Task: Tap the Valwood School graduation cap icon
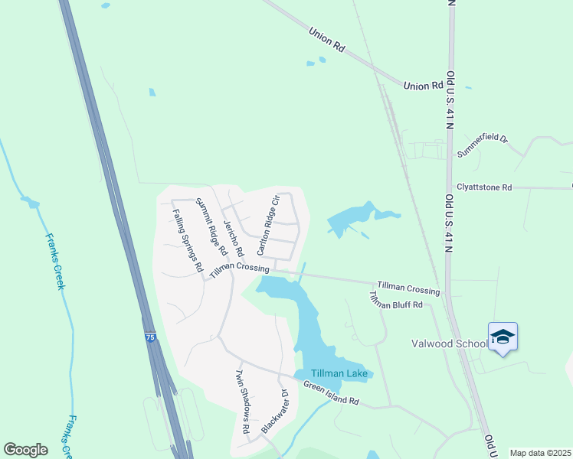[x=503, y=337]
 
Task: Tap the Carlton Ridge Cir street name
[x=269, y=225]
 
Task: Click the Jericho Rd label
[x=233, y=238]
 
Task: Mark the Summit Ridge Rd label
[x=211, y=226]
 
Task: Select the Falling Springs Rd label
[x=187, y=241]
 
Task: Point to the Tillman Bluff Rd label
[x=396, y=300]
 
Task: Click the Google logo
[x=25, y=450]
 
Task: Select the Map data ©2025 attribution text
[x=540, y=453]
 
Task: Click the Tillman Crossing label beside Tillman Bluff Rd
[x=408, y=287]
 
